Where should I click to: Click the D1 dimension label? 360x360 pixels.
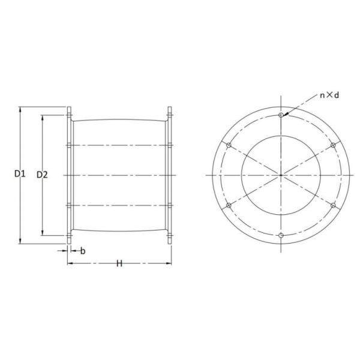20,175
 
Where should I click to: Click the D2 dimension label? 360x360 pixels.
42,175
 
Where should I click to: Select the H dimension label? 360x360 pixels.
119,264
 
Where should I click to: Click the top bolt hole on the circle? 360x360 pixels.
281,114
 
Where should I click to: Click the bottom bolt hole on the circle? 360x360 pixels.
281,235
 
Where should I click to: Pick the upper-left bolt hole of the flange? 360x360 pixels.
229,145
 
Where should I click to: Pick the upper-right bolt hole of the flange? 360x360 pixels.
333,145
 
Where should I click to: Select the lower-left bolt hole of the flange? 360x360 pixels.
229,205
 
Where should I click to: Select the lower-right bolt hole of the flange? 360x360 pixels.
333,205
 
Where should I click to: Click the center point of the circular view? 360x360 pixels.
281,175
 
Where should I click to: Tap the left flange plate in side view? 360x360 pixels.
69,175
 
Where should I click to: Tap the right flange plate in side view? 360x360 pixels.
169,175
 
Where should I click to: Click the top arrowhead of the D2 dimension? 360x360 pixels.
43,118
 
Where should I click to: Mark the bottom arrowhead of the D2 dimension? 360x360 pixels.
43,233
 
